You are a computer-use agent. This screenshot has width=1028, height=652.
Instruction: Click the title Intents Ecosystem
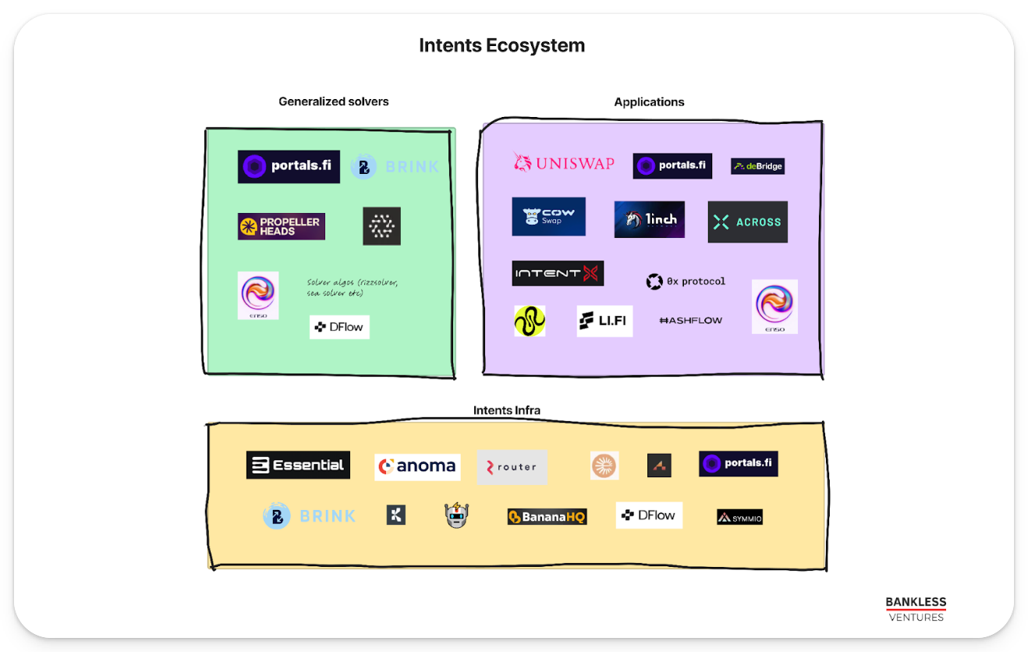point(502,45)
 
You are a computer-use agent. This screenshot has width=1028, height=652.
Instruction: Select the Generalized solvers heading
point(333,101)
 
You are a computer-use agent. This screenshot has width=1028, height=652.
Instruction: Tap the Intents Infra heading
point(506,410)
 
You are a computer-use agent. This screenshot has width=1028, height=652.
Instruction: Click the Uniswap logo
point(563,163)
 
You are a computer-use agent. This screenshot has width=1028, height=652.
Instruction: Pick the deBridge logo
point(757,166)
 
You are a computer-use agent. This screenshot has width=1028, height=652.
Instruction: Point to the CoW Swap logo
point(548,217)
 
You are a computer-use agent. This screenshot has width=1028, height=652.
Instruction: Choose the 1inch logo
point(649,219)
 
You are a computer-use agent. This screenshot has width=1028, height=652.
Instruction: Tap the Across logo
point(747,222)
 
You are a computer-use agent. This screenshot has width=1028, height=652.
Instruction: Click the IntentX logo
point(558,273)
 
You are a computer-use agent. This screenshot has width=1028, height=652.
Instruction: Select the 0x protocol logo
point(686,282)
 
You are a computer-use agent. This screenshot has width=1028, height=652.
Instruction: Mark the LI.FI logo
point(604,321)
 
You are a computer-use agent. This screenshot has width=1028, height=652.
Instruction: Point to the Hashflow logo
point(690,321)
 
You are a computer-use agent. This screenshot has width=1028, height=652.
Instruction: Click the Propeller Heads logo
point(281,226)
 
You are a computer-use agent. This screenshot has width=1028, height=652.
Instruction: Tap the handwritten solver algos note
point(353,288)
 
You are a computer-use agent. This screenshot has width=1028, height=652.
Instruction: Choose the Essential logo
point(298,465)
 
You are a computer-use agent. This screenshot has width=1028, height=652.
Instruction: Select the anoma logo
point(417,466)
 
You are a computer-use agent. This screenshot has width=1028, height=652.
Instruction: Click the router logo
point(512,467)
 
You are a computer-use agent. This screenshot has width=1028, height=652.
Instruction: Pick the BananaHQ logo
point(547,516)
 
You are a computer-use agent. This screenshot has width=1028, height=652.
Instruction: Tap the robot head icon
point(457,515)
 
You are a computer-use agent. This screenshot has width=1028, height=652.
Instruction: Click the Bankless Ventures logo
point(916,609)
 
